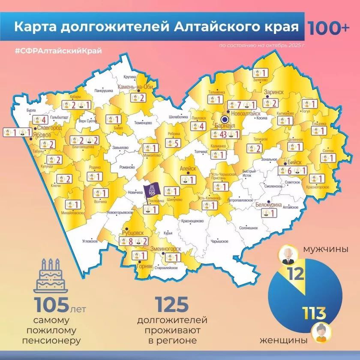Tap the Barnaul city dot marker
224,120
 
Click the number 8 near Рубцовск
132,241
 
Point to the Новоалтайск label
244,114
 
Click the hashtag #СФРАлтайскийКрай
58,51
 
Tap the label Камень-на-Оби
135,88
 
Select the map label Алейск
188,169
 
